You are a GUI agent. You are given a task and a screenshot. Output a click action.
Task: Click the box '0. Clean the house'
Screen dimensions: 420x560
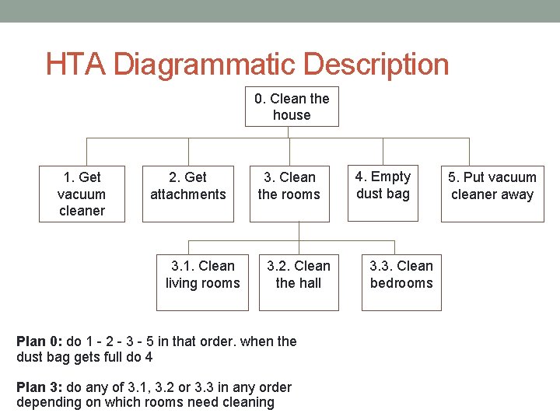292,107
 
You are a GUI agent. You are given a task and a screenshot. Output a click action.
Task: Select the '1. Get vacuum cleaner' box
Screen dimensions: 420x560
82,194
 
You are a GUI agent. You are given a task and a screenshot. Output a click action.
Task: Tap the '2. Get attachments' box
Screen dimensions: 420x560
187,194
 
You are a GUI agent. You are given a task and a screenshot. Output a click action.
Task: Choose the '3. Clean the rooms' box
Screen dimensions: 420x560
289,194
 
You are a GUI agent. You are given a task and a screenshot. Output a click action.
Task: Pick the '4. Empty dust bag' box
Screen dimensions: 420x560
383,194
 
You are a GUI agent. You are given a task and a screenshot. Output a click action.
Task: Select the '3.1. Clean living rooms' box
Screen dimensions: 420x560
202,282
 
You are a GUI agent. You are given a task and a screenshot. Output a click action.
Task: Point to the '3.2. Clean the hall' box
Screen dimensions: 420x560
299,282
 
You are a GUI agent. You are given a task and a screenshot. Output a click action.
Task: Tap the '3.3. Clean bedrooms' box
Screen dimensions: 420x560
401,282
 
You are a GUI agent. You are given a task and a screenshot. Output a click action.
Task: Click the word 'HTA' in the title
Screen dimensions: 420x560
76,65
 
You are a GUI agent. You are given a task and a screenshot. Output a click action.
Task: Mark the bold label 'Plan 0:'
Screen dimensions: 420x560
40,341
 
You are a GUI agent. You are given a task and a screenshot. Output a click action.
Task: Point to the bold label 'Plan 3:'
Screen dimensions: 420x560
40,387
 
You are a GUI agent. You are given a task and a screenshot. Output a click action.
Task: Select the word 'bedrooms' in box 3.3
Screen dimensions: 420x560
401,283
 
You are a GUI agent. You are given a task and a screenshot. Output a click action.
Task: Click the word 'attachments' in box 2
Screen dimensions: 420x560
187,194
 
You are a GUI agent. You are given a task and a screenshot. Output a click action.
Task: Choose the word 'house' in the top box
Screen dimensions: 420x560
292,115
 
